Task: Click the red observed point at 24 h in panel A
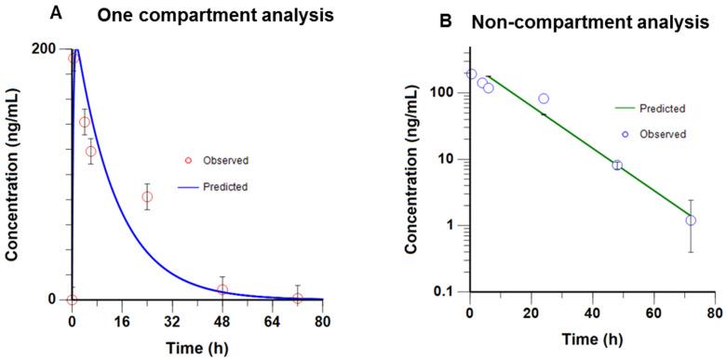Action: tap(147, 196)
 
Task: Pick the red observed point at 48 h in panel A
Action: tap(222, 289)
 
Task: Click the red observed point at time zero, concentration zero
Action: tap(72, 300)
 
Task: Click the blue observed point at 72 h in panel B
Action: tap(691, 220)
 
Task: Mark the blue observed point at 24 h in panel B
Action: tap(544, 99)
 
